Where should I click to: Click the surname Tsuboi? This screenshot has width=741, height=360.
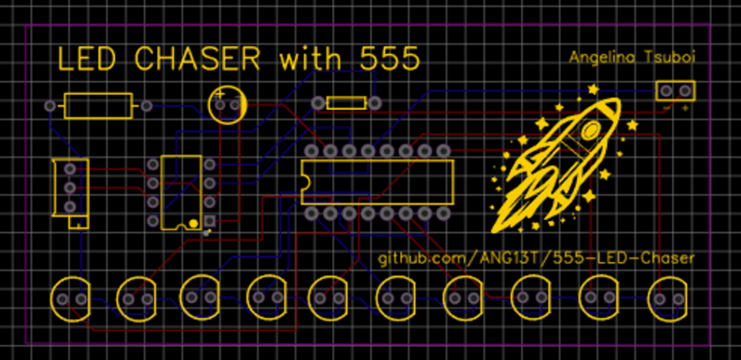pyautogui.click(x=666, y=58)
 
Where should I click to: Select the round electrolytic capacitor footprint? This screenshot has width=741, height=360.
pyautogui.click(x=228, y=104)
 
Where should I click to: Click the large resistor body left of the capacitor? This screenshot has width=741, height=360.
pyautogui.click(x=98, y=105)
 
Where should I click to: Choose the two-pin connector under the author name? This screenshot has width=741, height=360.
pyautogui.click(x=676, y=92)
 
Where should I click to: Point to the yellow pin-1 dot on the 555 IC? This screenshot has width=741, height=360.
pyautogui.click(x=193, y=222)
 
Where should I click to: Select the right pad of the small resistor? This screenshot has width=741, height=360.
pyautogui.click(x=375, y=102)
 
